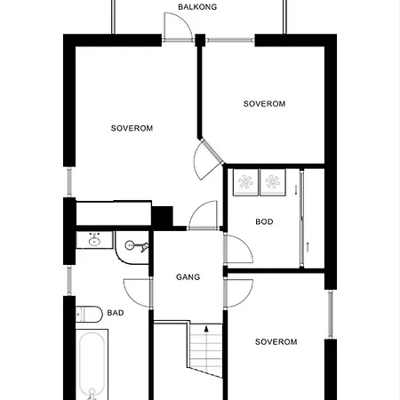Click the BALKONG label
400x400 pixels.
(197, 7)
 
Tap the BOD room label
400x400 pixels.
(264, 221)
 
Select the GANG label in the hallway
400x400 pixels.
(188, 277)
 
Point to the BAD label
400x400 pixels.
(116, 313)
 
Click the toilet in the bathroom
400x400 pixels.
(89, 315)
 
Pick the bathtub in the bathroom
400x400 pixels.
(92, 364)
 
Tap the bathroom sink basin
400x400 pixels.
(94, 240)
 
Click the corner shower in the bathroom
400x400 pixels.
(132, 248)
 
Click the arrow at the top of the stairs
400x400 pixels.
(206, 329)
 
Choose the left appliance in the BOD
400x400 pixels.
(245, 182)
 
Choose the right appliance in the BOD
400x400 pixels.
(273, 182)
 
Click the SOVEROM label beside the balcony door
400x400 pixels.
(132, 128)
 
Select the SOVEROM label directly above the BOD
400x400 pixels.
(264, 104)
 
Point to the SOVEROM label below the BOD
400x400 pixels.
(276, 342)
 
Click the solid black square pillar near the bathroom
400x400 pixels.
(162, 216)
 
